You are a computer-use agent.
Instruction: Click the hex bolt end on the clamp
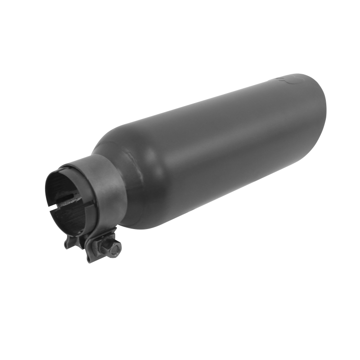115,247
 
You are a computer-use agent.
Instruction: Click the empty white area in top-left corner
27,27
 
